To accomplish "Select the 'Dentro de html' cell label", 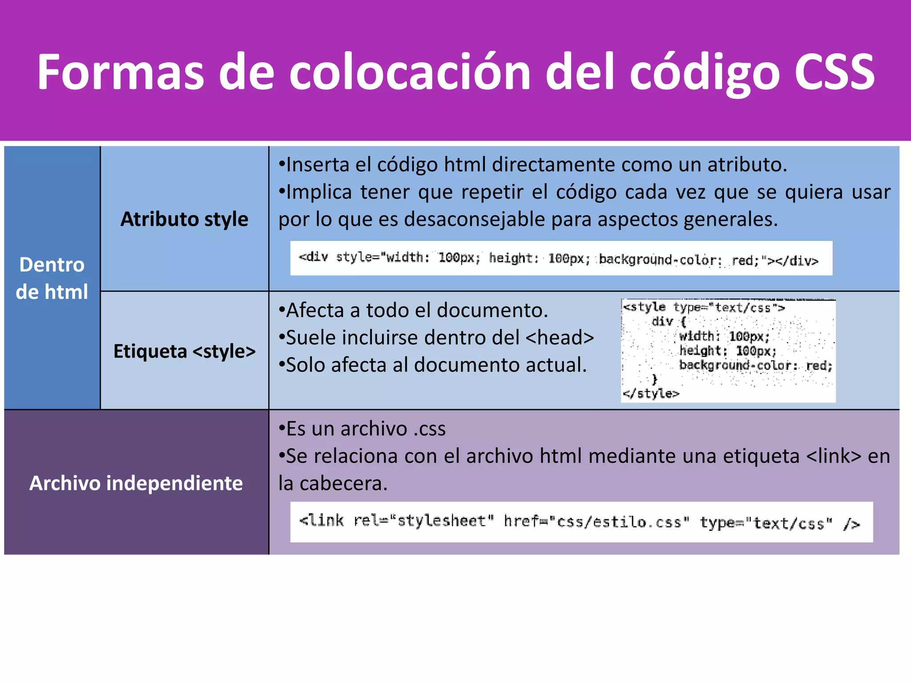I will (52, 278).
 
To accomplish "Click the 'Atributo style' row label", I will (184, 219).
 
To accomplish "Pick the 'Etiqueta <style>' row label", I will (184, 351).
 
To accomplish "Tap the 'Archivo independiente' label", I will (136, 483).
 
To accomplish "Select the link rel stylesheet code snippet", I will (580, 522).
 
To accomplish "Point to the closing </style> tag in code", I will (651, 394).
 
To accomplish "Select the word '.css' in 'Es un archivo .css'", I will (429, 429).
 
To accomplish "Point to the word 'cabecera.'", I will (343, 484).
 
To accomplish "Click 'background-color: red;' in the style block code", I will (755, 366).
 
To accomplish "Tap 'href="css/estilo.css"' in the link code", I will (596, 522).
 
